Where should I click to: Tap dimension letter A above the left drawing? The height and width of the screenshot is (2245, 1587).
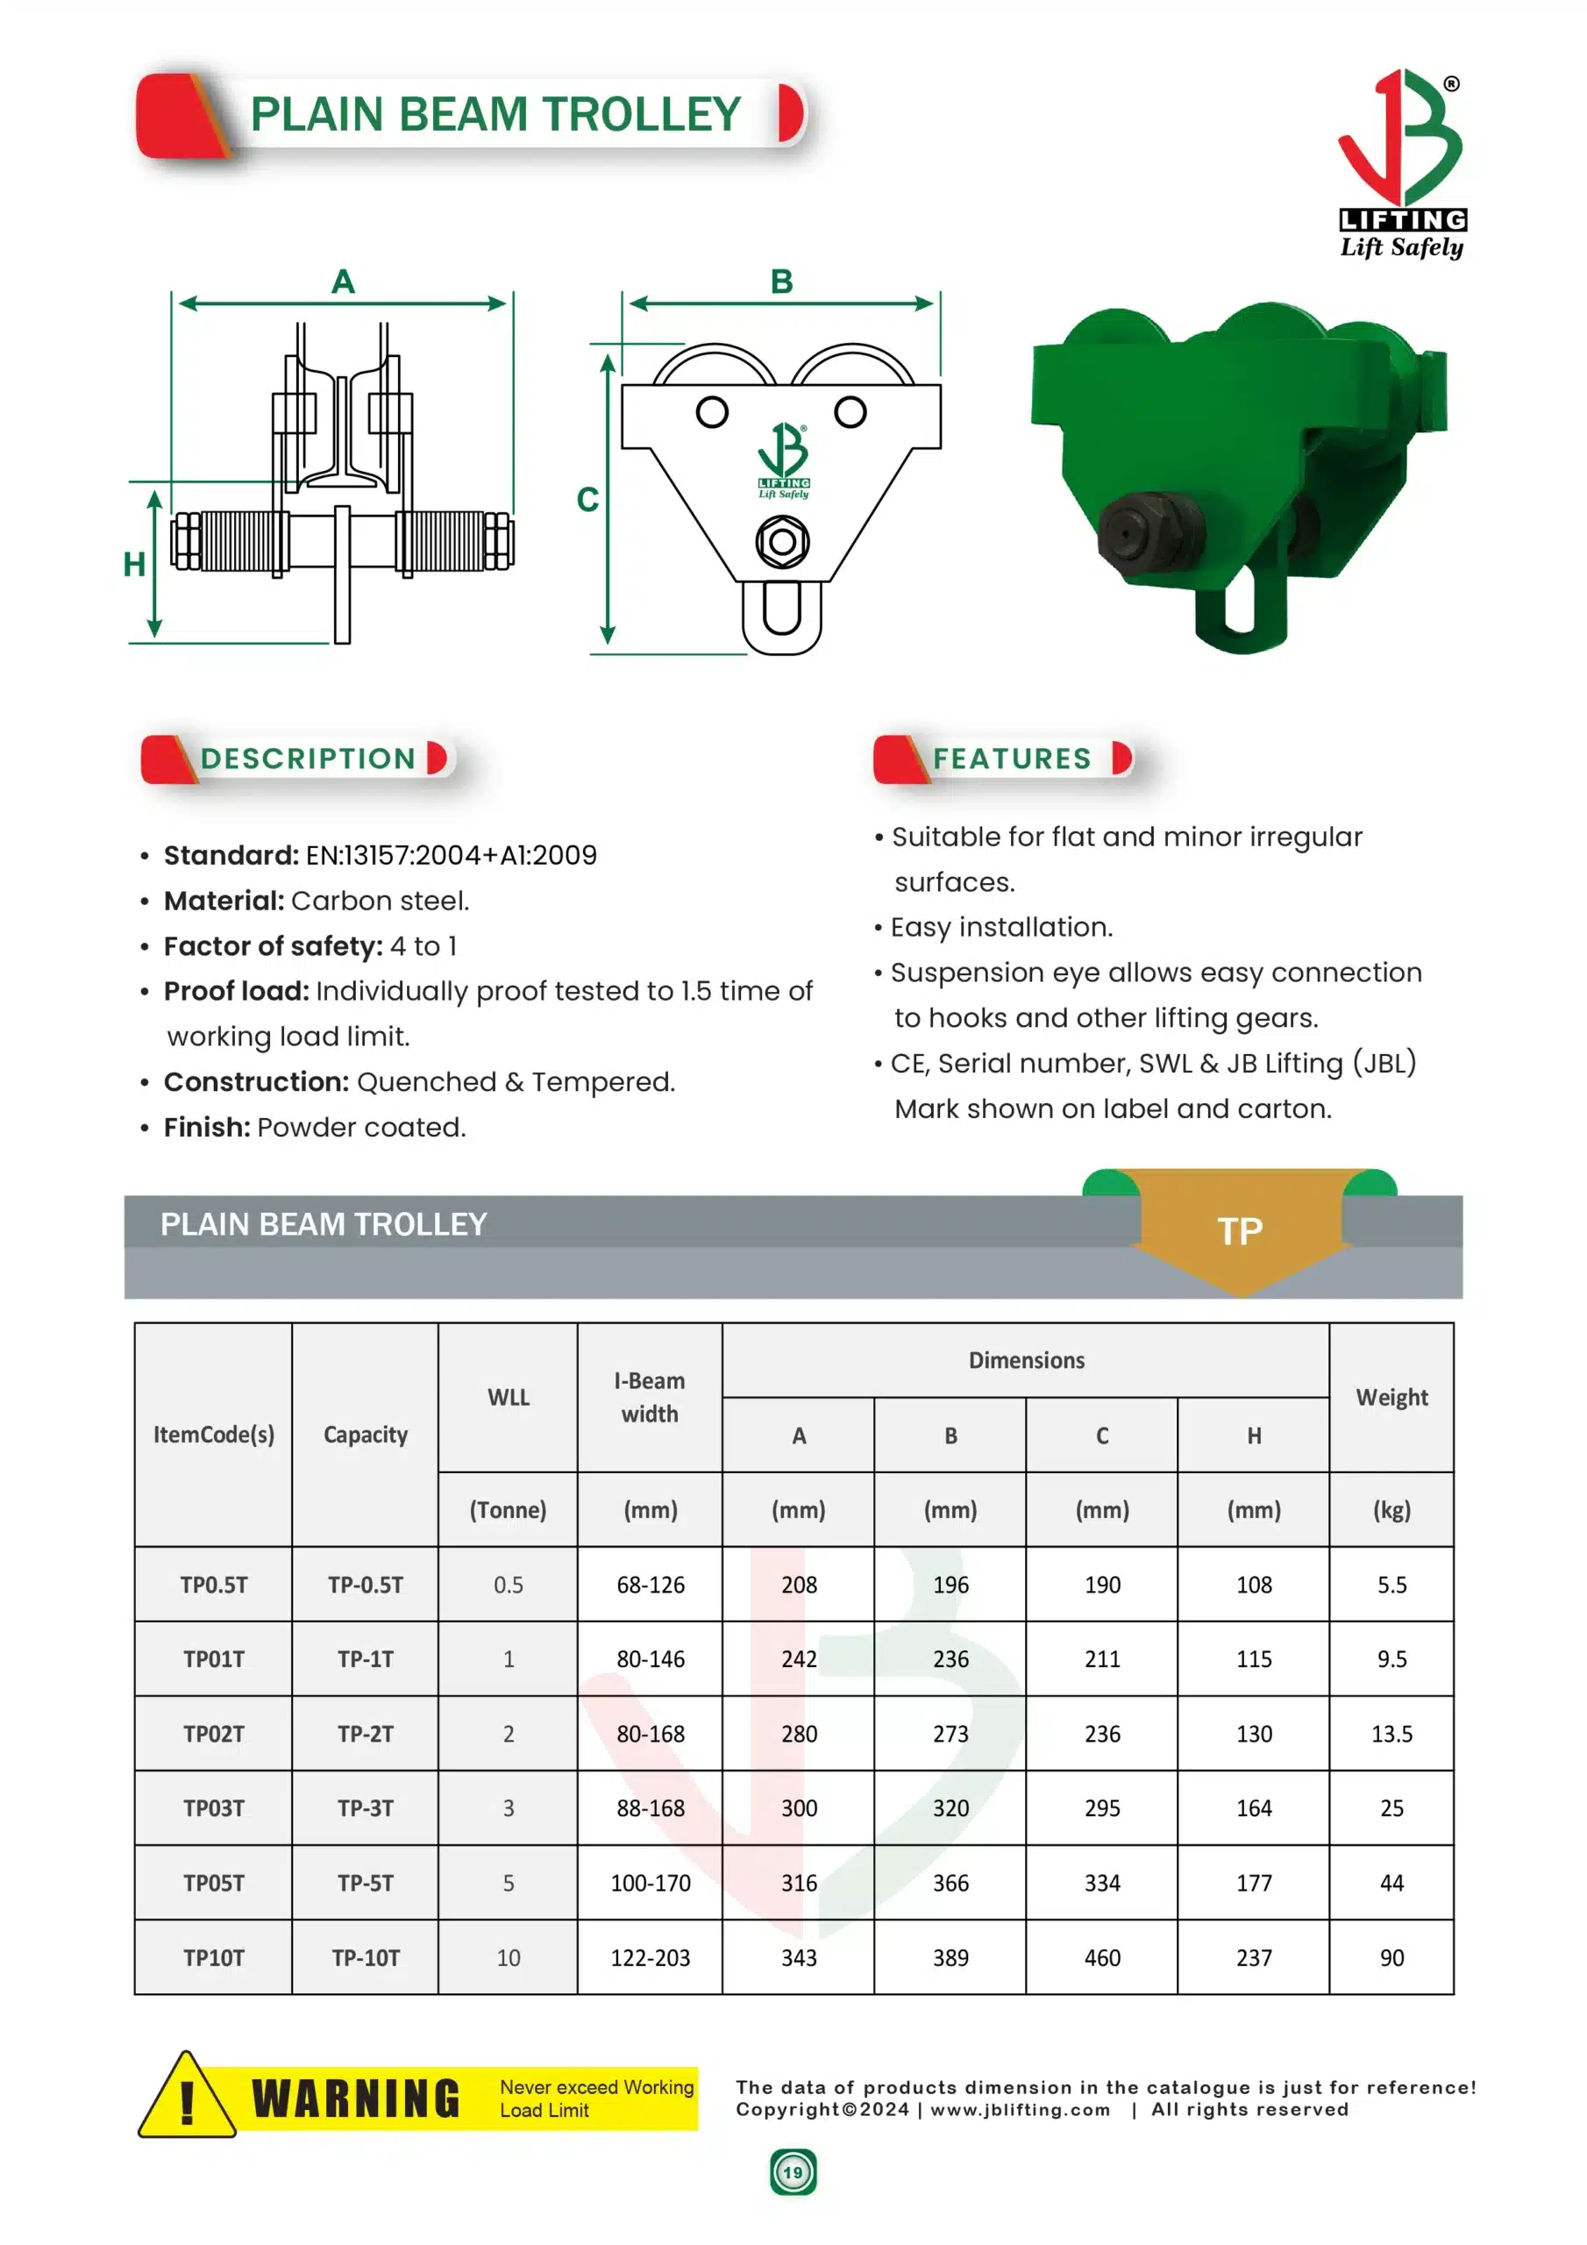tap(342, 282)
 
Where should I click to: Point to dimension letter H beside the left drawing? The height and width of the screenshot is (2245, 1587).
tap(134, 564)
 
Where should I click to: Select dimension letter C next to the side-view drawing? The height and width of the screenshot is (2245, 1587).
tap(587, 500)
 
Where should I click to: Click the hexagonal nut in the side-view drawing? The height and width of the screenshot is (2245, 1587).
tap(781, 541)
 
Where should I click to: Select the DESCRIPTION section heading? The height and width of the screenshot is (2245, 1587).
tap(308, 758)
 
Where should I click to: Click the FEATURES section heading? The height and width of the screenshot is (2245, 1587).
tap(1011, 758)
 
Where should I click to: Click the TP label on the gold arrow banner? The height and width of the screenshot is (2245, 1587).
tap(1239, 1231)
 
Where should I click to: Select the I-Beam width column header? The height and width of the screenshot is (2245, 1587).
tap(650, 1396)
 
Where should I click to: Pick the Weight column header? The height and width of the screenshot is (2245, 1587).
tap(1391, 1396)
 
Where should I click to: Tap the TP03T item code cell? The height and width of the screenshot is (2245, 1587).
tap(213, 1808)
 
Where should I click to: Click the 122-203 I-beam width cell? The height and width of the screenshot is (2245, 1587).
tap(650, 1957)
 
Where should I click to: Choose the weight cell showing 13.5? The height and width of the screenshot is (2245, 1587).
tap(1391, 1734)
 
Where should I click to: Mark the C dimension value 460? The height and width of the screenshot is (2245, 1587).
tap(1101, 1957)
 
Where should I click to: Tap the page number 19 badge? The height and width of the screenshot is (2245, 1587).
tap(792, 2172)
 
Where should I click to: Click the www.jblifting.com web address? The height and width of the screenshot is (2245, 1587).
tap(1019, 2109)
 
